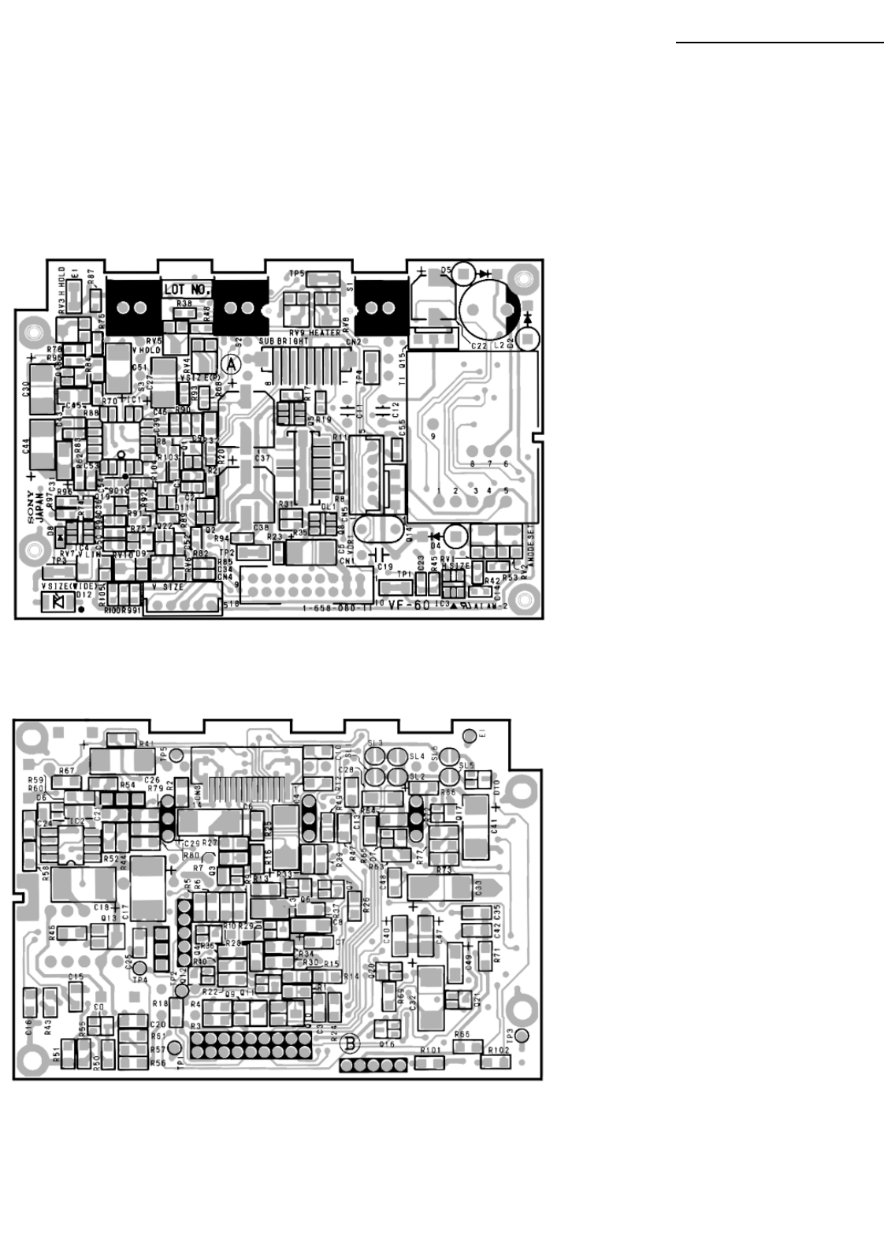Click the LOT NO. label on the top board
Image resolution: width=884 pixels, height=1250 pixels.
[187, 290]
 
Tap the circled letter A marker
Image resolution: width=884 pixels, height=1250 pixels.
[230, 364]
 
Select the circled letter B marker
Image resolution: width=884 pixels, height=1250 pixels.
[351, 1044]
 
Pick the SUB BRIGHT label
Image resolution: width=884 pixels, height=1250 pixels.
[282, 340]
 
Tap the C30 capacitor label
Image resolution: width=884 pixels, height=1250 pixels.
[25, 388]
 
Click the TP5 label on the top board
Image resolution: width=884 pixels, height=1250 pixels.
[296, 273]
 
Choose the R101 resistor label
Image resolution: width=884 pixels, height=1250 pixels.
[430, 1051]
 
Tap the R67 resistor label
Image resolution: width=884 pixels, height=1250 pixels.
[67, 770]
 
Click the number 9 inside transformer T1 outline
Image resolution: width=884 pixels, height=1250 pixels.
[433, 436]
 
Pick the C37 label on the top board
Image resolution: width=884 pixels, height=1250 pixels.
[262, 458]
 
